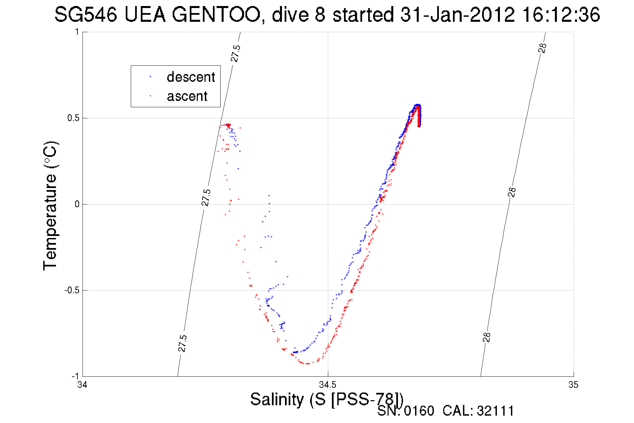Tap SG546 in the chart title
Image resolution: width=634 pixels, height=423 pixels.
pyautogui.click(x=86, y=15)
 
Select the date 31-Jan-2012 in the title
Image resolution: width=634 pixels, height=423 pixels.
pyautogui.click(x=457, y=15)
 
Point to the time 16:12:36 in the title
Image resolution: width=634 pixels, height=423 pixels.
pyautogui.click(x=561, y=15)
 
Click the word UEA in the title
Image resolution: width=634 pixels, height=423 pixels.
pyautogui.click(x=145, y=15)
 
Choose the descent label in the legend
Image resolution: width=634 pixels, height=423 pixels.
pyautogui.click(x=191, y=77)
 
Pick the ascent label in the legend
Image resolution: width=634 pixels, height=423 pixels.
pyautogui.click(x=187, y=97)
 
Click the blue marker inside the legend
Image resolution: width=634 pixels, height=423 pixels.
pyautogui.click(x=150, y=77)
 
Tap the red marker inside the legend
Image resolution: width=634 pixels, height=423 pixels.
pyautogui.click(x=150, y=96)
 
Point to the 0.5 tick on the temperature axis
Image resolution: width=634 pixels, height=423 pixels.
pyautogui.click(x=73, y=118)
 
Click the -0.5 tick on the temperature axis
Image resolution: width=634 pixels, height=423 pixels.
pyautogui.click(x=72, y=290)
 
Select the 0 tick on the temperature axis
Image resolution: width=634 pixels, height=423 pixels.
pyautogui.click(x=77, y=204)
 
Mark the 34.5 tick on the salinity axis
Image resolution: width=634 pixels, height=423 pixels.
pyautogui.click(x=328, y=384)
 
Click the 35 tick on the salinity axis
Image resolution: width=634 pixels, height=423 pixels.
pyautogui.click(x=573, y=384)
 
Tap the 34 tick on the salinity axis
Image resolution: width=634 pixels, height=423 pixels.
pyautogui.click(x=82, y=384)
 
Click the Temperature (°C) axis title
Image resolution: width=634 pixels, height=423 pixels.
pyautogui.click(x=51, y=206)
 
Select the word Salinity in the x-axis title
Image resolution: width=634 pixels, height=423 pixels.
pyautogui.click(x=277, y=399)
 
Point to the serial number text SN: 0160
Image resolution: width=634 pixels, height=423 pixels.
pyautogui.click(x=406, y=411)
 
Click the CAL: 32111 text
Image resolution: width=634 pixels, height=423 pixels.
pyautogui.click(x=478, y=411)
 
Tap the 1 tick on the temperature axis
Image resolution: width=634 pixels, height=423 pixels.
pyautogui.click(x=77, y=32)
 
